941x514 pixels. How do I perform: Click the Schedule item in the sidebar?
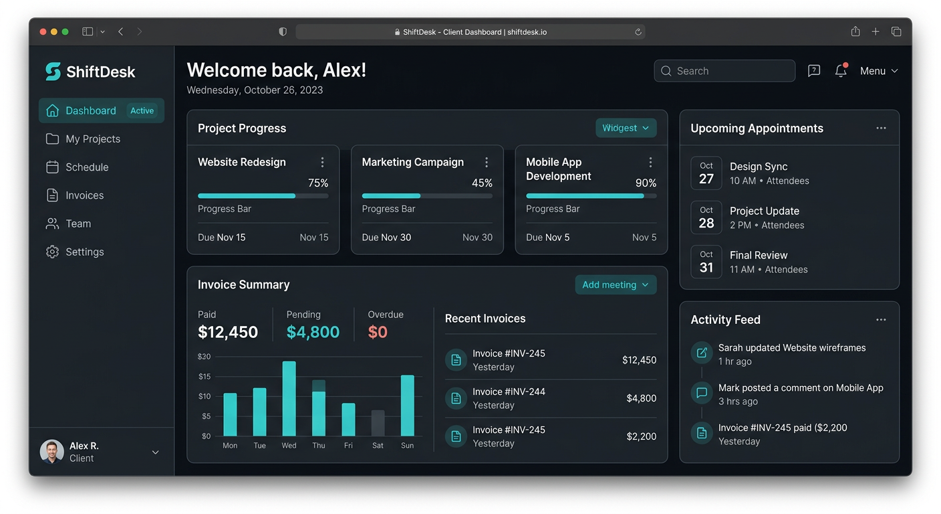[x=86, y=167]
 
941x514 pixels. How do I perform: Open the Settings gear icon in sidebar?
[x=52, y=252]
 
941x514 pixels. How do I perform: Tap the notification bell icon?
[x=841, y=71]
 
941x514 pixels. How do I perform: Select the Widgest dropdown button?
[x=626, y=128]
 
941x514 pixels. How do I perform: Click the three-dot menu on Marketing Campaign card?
[x=487, y=162]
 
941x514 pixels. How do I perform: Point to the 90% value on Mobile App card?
[x=646, y=183]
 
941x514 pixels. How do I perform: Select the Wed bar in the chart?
[x=289, y=399]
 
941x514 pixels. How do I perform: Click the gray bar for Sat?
[x=378, y=423]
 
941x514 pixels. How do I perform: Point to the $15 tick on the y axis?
[x=204, y=376]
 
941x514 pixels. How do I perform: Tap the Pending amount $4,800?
[x=313, y=332]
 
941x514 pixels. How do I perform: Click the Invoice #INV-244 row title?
[x=509, y=392]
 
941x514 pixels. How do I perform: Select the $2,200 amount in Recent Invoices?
[x=641, y=436]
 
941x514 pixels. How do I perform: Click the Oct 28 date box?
[x=706, y=218]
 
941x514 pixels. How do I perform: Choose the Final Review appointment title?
[x=759, y=255]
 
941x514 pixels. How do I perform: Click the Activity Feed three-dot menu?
[x=881, y=320]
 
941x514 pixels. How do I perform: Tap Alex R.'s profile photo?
[x=52, y=452]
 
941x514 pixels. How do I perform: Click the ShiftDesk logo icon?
[x=53, y=72]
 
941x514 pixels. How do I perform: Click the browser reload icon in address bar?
[x=638, y=32]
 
